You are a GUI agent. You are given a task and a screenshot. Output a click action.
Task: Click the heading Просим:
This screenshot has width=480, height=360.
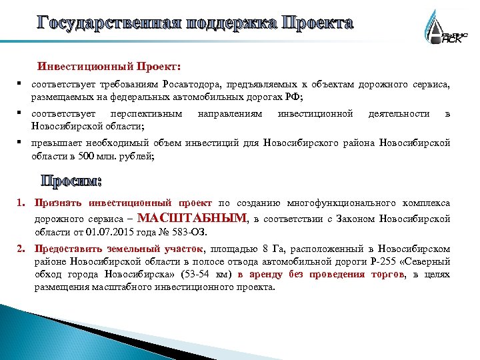click(x=71, y=181)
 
